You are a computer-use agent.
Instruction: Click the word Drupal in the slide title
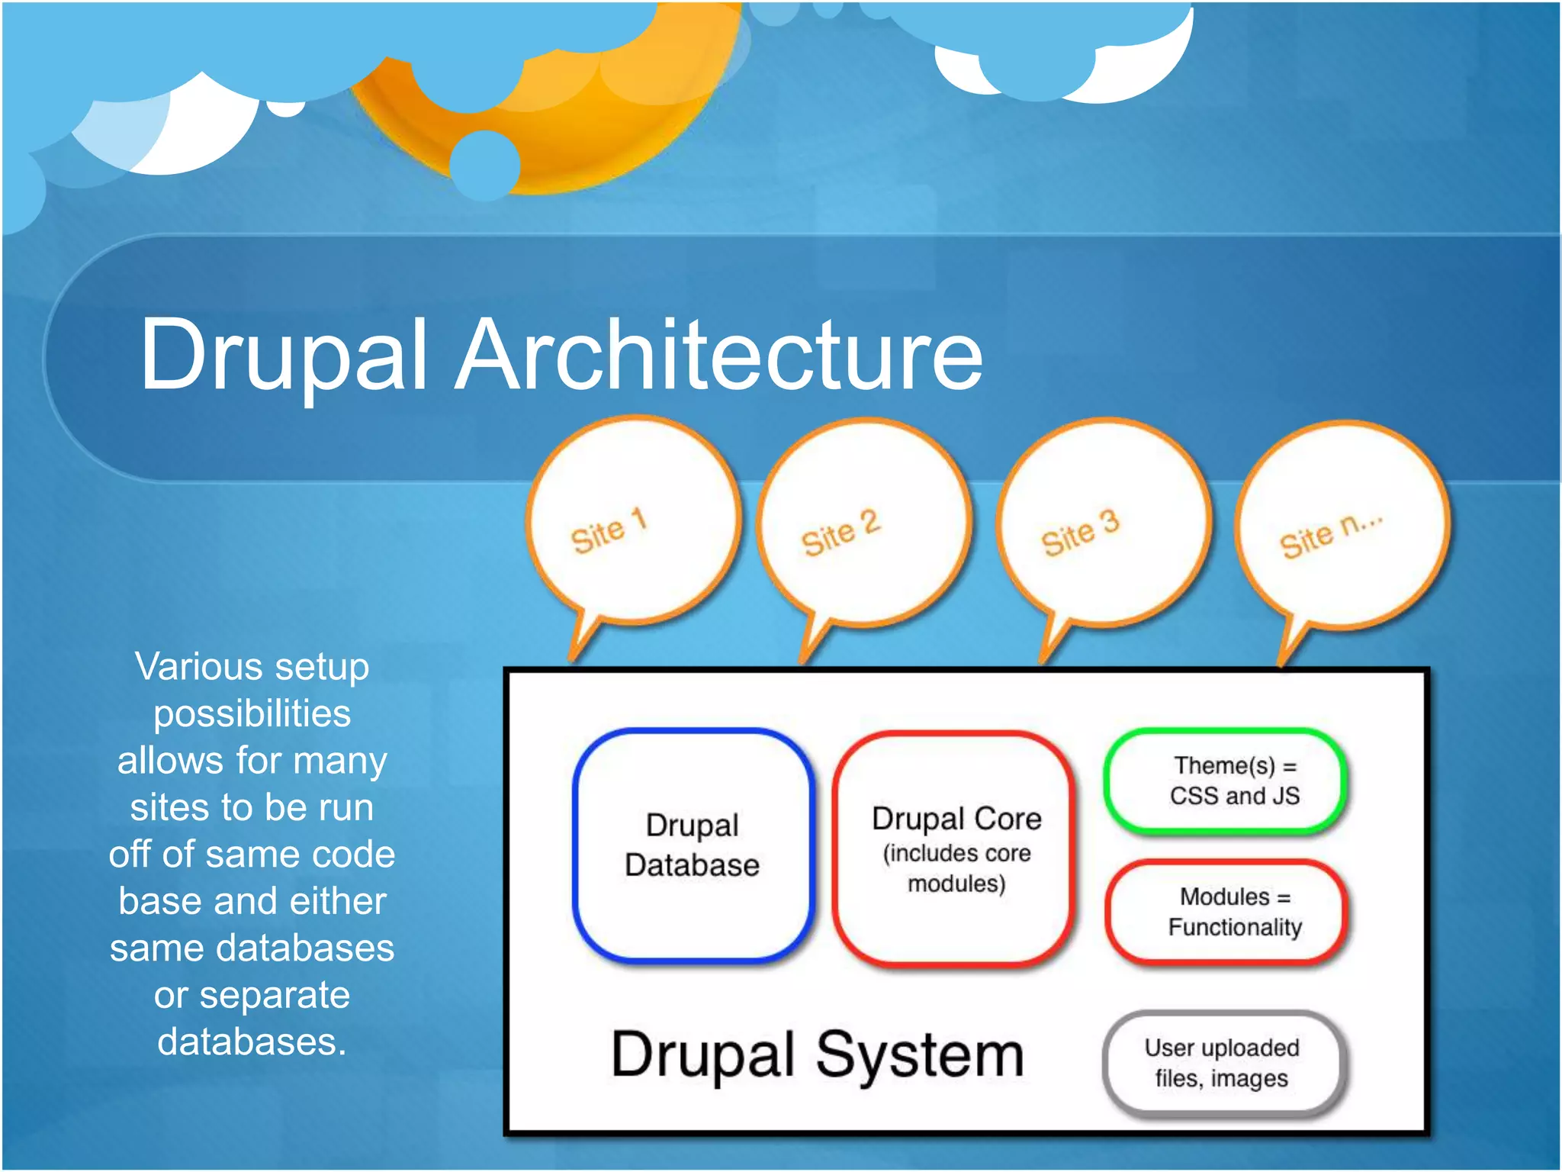coord(282,355)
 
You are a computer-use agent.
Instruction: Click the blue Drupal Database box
coord(693,845)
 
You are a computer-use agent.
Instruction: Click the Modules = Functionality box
coord(1226,912)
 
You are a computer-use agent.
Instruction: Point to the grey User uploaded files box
coord(1222,1063)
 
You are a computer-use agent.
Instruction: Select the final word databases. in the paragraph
coord(252,1042)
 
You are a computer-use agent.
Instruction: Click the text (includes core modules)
coord(956,868)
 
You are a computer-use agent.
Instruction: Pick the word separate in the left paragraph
coord(275,996)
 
